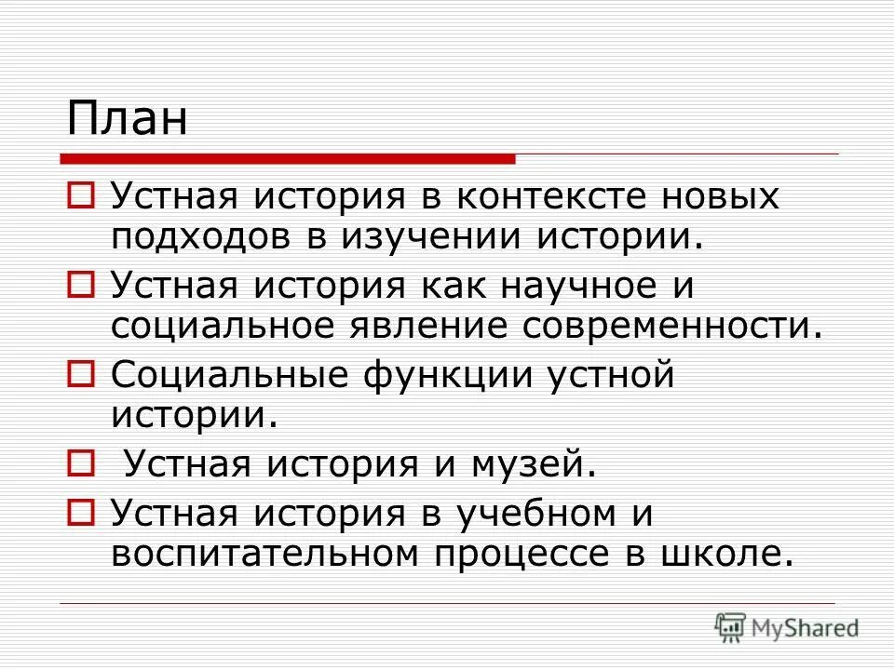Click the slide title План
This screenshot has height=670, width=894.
(127, 119)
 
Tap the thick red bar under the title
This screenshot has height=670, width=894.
(289, 158)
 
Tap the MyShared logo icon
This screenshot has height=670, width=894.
(732, 626)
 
